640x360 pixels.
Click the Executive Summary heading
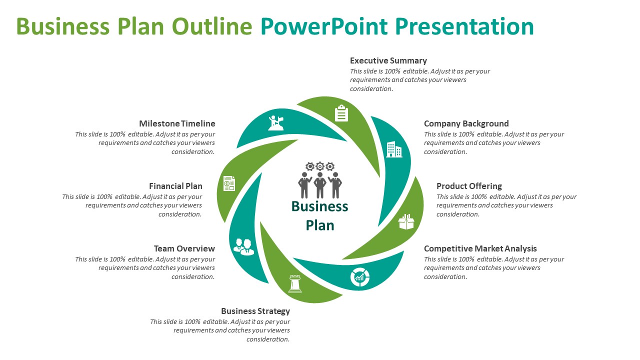(388, 60)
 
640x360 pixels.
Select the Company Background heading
(466, 123)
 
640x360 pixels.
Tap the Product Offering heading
(469, 186)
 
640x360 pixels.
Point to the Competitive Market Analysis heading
(480, 248)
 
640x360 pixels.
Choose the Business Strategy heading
(255, 311)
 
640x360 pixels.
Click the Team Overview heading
(184, 248)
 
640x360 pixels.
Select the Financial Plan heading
(175, 186)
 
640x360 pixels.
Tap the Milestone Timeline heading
(177, 123)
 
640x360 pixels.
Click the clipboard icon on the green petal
(341, 113)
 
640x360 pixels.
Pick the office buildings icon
(394, 149)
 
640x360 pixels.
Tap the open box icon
(406, 221)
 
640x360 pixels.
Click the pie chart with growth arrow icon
(360, 277)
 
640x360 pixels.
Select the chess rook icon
(295, 283)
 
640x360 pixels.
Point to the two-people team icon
(243, 247)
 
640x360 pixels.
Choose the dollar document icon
(229, 183)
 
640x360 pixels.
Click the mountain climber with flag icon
(276, 123)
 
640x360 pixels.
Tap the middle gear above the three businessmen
(320, 166)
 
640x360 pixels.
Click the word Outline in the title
(212, 26)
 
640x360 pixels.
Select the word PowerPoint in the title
(324, 26)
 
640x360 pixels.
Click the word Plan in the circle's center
(320, 225)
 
